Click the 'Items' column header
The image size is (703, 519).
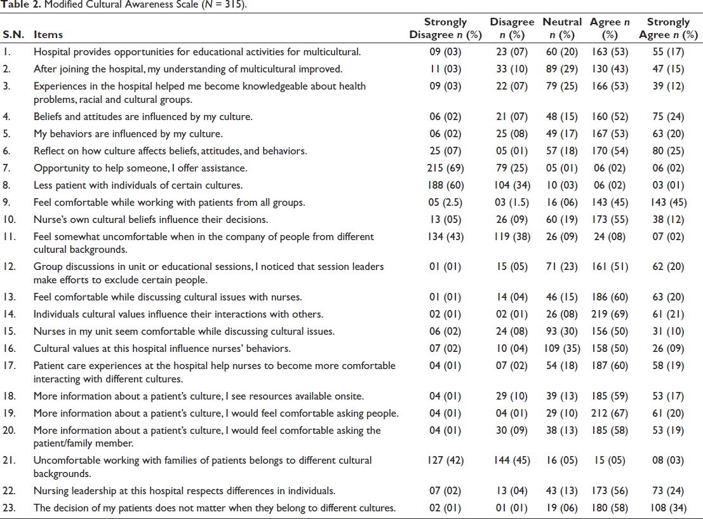[x=48, y=34]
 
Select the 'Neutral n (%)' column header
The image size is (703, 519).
[x=562, y=28]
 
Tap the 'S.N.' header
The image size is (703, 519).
[x=13, y=34]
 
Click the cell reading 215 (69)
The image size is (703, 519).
[x=445, y=168]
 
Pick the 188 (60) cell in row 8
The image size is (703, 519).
[x=445, y=185]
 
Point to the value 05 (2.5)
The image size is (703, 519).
[x=445, y=202]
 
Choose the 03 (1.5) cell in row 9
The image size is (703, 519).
[x=512, y=202]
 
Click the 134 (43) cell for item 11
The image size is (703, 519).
[x=445, y=236]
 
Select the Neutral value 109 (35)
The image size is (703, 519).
[x=562, y=349]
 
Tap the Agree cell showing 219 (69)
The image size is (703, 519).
[x=609, y=314]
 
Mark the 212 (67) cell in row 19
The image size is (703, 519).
[x=609, y=413]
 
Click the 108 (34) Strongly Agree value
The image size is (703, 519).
[x=668, y=508]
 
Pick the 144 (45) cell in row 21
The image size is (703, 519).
[x=512, y=461]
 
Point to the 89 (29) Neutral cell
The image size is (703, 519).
[x=562, y=69]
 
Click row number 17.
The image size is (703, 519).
[x=9, y=366]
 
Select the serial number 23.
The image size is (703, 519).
[x=9, y=508]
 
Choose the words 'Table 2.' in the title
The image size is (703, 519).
[x=20, y=4]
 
